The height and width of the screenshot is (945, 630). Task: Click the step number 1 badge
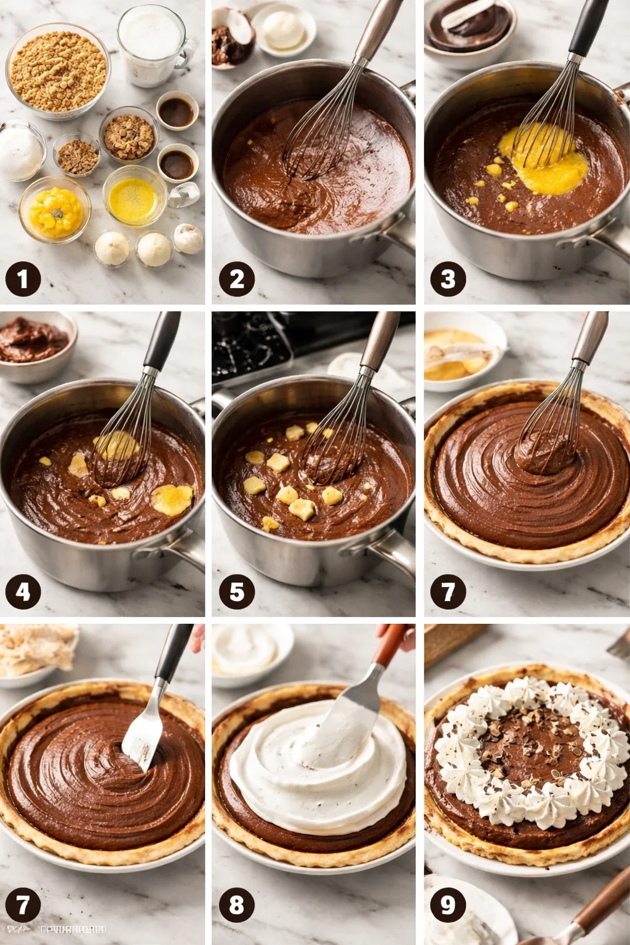point(23,279)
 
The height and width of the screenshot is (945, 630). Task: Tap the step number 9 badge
point(448,905)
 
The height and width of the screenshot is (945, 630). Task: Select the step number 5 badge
point(237,592)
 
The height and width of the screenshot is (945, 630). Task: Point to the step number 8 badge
point(237,905)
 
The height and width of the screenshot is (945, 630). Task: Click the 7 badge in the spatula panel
point(23,905)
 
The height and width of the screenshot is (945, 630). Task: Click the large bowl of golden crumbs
point(58,71)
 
